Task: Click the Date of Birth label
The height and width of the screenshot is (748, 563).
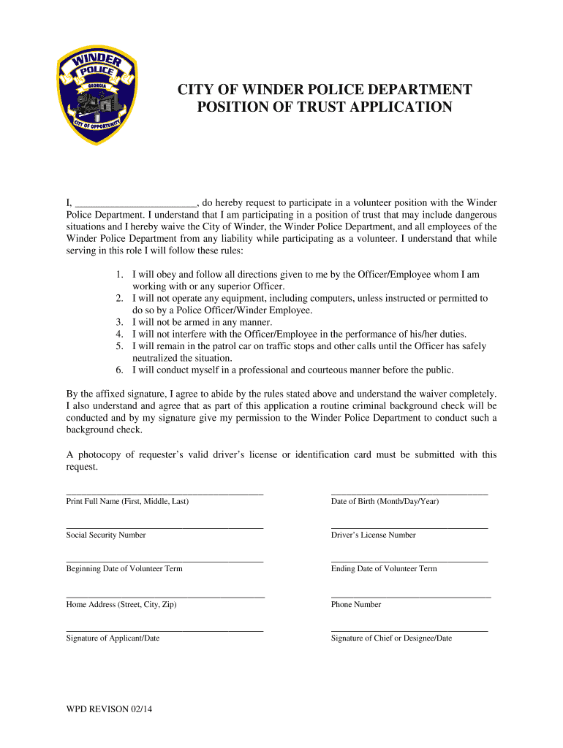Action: click(385, 501)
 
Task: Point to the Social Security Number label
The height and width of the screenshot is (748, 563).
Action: click(106, 535)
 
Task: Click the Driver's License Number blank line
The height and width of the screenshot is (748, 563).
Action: click(409, 527)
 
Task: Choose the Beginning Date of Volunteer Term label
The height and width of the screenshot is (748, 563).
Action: click(124, 568)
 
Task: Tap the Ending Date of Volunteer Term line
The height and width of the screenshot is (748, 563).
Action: click(409, 561)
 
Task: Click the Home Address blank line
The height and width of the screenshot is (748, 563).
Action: click(165, 597)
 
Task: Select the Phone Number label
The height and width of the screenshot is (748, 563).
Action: click(356, 604)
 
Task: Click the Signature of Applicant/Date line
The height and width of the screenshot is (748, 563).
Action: click(165, 630)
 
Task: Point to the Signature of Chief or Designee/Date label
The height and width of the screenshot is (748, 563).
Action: click(391, 638)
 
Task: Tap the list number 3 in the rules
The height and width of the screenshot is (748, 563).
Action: click(120, 322)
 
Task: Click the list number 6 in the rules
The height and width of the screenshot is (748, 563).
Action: click(120, 370)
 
